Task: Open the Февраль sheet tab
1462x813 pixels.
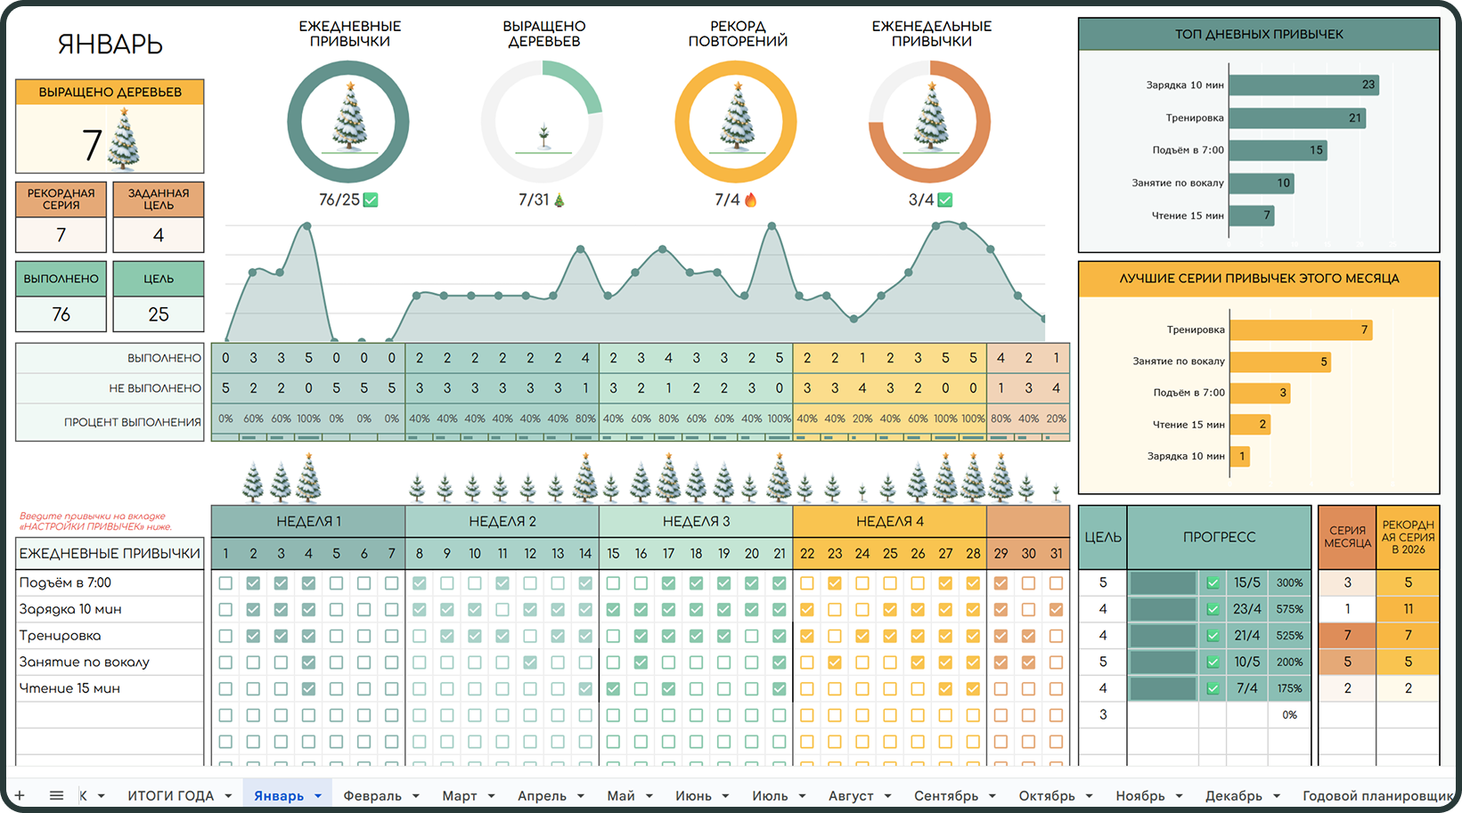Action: (x=372, y=795)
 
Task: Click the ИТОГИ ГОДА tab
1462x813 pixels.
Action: (x=170, y=795)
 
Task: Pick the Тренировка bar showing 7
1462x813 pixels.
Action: (x=1301, y=329)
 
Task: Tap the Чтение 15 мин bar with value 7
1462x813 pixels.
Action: (x=1252, y=215)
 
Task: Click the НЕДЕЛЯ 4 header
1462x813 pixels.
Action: (x=889, y=521)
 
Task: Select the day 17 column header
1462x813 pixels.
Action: (x=668, y=553)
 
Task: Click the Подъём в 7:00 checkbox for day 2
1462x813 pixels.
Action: (x=253, y=583)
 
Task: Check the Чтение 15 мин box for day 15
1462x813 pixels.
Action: (x=613, y=688)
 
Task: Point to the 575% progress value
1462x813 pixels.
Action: (x=1289, y=609)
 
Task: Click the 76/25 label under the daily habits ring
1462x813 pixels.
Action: (x=339, y=199)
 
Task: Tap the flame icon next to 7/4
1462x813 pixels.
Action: (x=750, y=199)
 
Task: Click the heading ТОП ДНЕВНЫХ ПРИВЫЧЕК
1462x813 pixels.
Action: (x=1258, y=34)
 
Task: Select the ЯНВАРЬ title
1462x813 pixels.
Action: (x=110, y=44)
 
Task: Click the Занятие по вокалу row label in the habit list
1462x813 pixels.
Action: (x=85, y=662)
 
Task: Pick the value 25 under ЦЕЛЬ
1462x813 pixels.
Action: (x=159, y=314)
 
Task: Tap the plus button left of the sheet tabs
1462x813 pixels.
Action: (x=20, y=795)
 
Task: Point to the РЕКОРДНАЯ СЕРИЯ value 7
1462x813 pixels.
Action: (x=61, y=235)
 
